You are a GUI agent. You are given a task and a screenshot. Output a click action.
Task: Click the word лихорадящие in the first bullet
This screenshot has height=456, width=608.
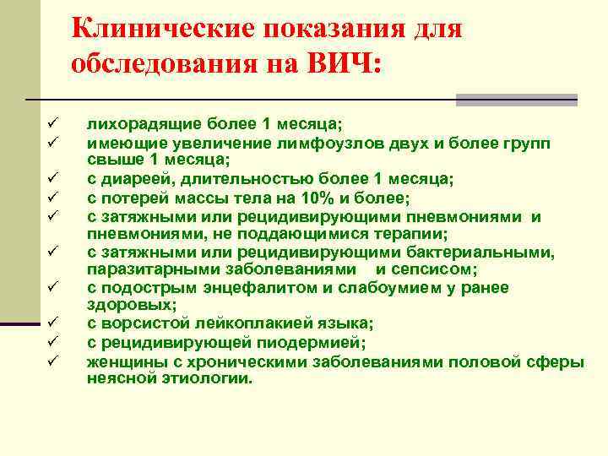click(x=136, y=124)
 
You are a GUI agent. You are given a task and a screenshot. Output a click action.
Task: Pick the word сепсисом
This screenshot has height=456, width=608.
click(x=441, y=269)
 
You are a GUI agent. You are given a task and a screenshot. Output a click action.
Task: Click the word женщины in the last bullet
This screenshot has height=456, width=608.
click(x=122, y=361)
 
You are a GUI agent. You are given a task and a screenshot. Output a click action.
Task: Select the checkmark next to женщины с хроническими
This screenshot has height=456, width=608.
click(x=51, y=361)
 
